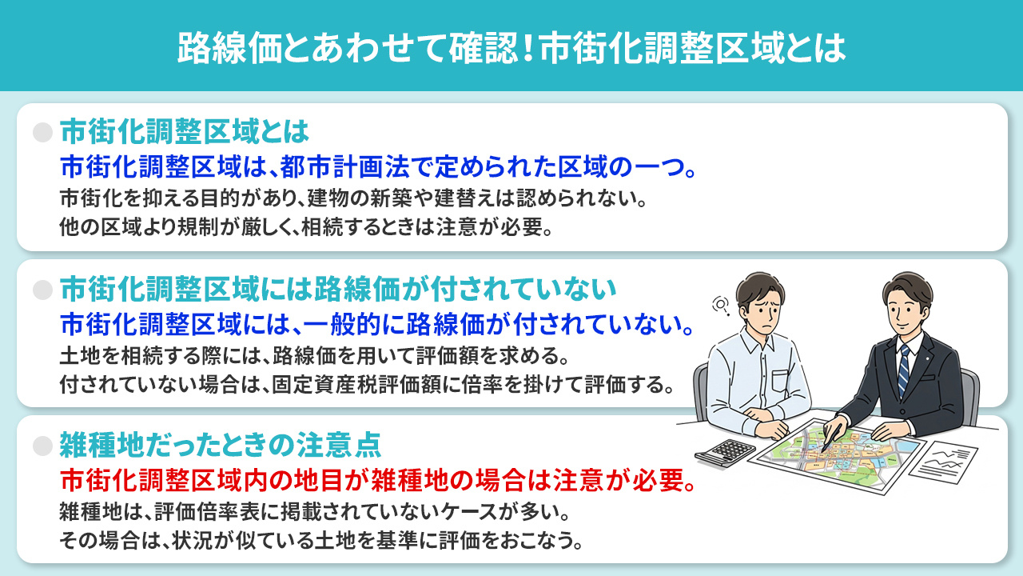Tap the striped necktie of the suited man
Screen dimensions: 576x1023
click(x=904, y=370)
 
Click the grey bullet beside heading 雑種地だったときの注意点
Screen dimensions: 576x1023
click(x=42, y=442)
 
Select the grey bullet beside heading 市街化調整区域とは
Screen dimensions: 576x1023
click(x=42, y=130)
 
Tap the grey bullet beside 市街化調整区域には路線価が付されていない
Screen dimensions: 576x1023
click(x=42, y=286)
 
